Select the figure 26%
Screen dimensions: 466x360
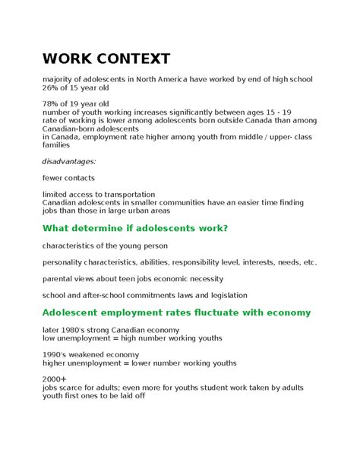(52, 89)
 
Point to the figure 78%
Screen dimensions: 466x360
(52, 103)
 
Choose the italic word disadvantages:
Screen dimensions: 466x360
(69, 161)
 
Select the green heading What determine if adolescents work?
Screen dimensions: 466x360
(135, 228)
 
